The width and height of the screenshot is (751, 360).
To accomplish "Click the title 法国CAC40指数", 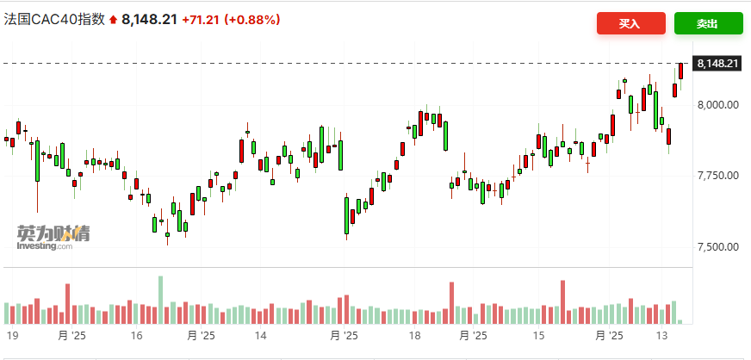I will tap(54, 20).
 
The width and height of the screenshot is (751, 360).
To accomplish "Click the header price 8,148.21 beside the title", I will tap(149, 20).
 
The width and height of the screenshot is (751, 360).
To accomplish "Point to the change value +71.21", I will tap(201, 20).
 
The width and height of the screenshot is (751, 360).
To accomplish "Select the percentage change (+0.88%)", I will tap(252, 20).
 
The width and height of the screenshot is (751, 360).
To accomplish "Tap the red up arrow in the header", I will tap(112, 20).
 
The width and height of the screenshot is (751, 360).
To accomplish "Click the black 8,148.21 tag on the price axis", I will tap(718, 64).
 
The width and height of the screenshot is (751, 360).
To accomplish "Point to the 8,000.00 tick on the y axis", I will tap(718, 105).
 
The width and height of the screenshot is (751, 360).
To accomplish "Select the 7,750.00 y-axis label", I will tap(718, 176).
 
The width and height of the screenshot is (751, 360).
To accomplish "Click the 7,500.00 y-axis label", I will tap(718, 247).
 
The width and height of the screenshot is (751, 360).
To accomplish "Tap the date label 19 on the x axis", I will tap(13, 336).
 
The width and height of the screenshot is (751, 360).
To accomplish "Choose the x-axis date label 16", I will tap(136, 336).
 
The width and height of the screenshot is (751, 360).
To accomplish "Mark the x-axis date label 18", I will tap(414, 336).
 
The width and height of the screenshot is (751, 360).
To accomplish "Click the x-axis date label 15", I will tap(539, 336).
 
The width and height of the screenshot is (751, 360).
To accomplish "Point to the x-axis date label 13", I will tap(662, 336).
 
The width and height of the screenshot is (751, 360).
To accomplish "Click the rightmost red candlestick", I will tap(681, 72).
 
